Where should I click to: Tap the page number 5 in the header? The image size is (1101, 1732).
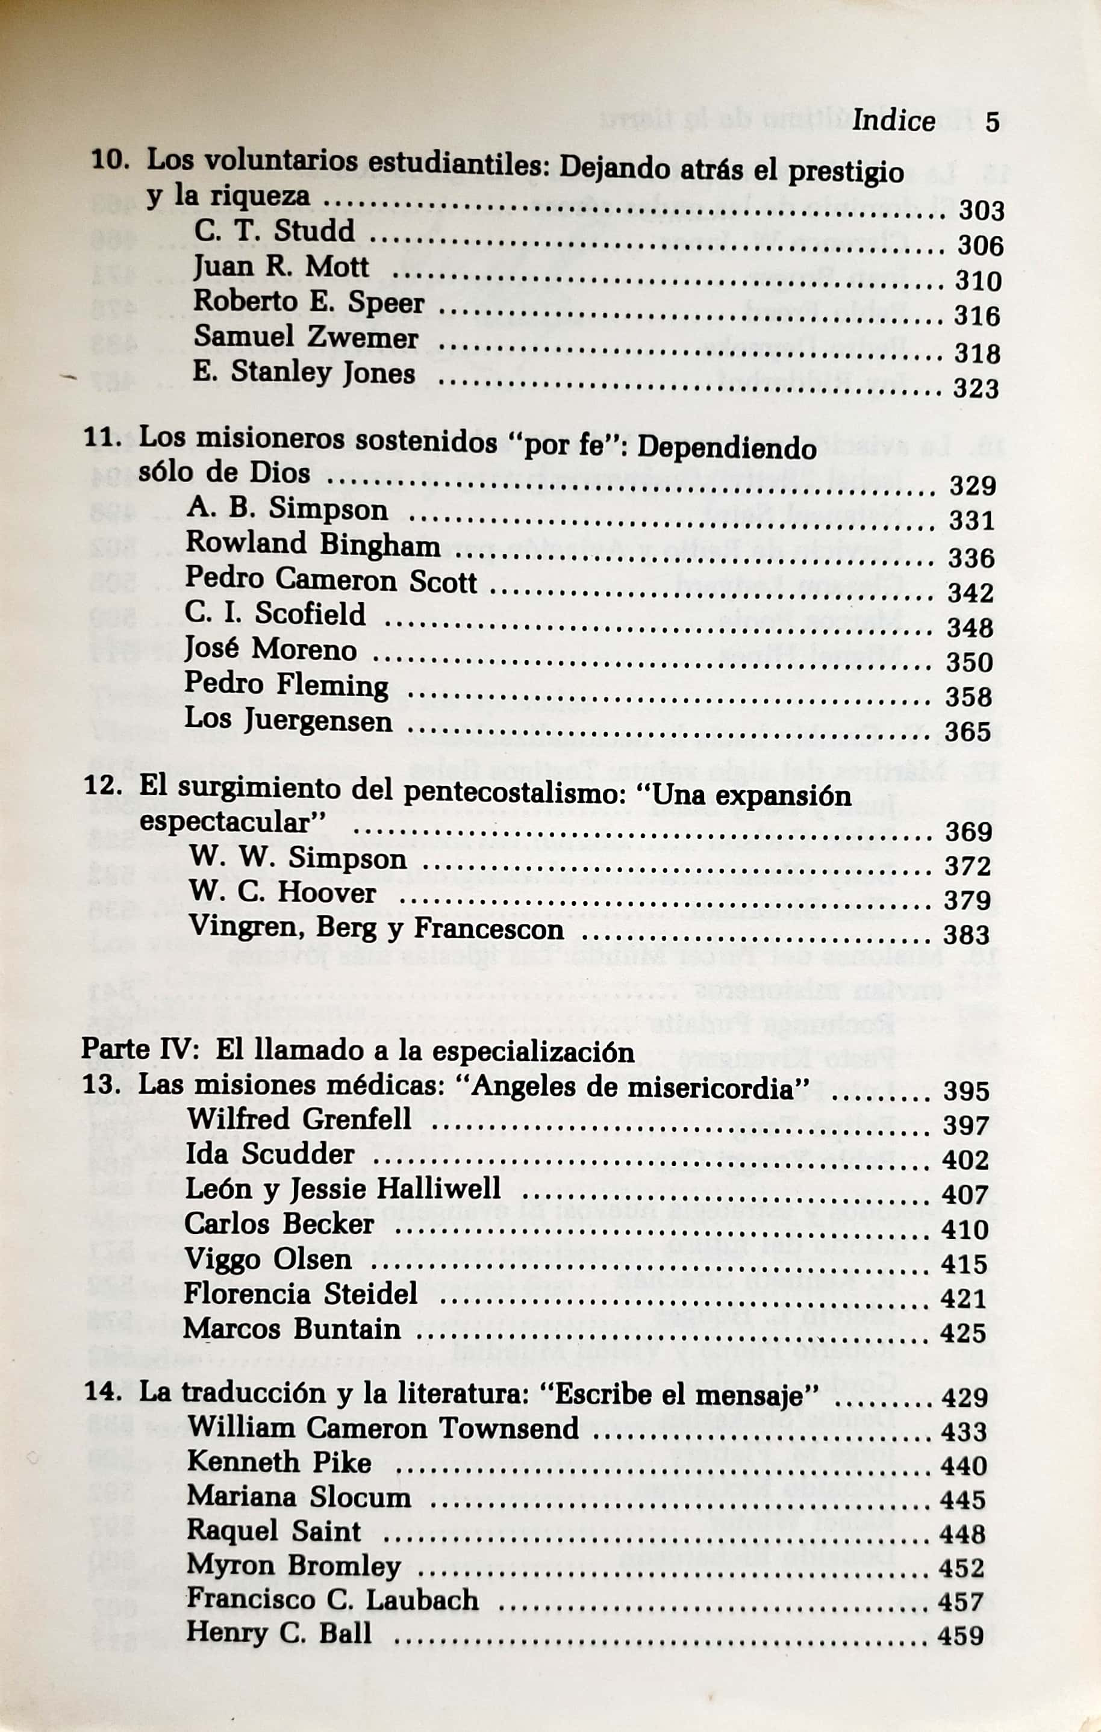pyautogui.click(x=993, y=122)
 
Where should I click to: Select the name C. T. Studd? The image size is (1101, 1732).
pyautogui.click(x=274, y=231)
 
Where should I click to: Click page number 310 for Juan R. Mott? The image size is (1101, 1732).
pyautogui.click(x=978, y=281)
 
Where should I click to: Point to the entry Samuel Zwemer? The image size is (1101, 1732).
pyautogui.click(x=305, y=337)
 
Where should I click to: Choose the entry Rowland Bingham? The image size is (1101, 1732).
pyautogui.click(x=312, y=544)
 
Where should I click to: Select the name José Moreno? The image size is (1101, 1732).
pyautogui.click(x=270, y=649)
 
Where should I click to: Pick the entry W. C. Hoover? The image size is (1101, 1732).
pyautogui.click(x=282, y=892)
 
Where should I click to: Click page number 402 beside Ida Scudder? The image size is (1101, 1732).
pyautogui.click(x=965, y=1159)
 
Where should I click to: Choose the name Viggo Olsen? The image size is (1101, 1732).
pyautogui.click(x=268, y=1259)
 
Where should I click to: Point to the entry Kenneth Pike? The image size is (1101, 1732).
pyautogui.click(x=279, y=1462)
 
